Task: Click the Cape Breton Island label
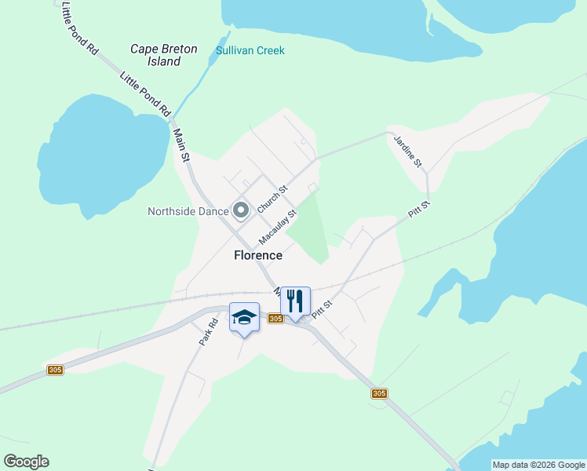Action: tap(164, 55)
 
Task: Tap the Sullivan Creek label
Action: tap(250, 51)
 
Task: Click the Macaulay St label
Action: tap(279, 226)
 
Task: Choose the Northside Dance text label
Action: tap(188, 211)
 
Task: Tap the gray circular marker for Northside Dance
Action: tap(241, 210)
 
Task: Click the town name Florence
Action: tap(257, 255)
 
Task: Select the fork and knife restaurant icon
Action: tap(295, 301)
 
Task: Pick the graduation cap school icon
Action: tap(244, 317)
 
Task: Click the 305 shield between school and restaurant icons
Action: tap(275, 318)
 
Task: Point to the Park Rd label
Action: tap(208, 333)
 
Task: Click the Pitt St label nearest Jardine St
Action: tap(421, 210)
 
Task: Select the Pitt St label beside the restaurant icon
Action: tap(322, 308)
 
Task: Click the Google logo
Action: tap(26, 462)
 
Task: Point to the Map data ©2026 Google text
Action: tap(539, 465)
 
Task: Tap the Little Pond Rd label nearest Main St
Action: tap(145, 94)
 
